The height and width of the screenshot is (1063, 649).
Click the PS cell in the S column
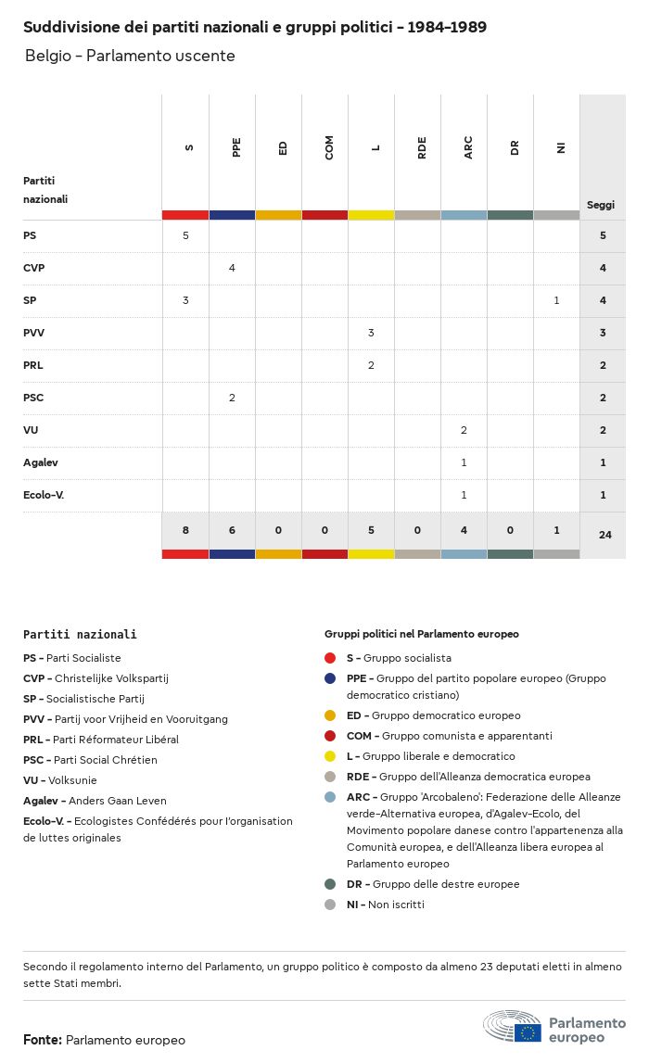point(185,235)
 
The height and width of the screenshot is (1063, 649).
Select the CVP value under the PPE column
point(232,268)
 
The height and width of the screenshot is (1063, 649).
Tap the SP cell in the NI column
point(556,300)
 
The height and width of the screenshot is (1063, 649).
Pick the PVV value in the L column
point(371,333)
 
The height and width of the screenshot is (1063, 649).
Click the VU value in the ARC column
point(464,430)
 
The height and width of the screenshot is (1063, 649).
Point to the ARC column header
point(468,146)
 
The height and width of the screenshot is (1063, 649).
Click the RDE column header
point(422,146)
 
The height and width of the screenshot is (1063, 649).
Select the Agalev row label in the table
point(41,462)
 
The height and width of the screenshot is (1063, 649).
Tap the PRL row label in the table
point(33,365)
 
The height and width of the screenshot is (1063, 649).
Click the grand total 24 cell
point(604,534)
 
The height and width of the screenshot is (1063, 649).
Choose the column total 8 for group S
point(185,530)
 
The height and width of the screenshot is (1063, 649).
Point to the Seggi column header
point(601,205)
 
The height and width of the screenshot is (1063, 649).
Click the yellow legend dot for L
point(330,756)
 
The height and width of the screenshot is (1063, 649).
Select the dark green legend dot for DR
point(330,884)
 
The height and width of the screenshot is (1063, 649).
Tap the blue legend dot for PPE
point(330,678)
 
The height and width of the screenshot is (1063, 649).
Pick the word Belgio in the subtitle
point(46,56)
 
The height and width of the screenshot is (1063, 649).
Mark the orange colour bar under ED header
point(278,215)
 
